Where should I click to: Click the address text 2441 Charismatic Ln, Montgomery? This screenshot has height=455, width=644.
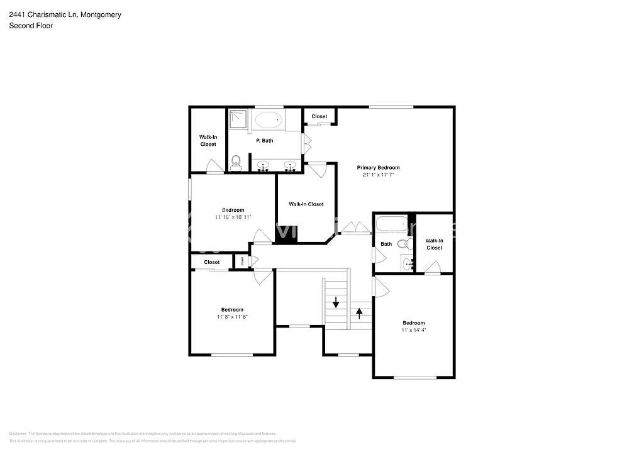[65, 14]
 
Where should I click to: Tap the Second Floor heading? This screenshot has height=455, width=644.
[31, 26]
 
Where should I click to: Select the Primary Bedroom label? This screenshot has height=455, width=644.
[378, 168]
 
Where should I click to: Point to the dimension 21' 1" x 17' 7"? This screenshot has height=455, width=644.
[378, 175]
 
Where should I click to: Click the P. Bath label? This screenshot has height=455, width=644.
[264, 141]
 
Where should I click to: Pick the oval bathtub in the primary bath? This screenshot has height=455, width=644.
[270, 119]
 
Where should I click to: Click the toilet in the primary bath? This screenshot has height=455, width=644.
[236, 164]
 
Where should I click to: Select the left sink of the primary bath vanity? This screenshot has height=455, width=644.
[264, 166]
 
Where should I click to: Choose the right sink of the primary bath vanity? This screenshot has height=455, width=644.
[290, 166]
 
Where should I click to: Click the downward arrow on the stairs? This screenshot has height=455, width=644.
[336, 301]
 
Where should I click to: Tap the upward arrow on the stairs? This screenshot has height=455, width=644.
[360, 312]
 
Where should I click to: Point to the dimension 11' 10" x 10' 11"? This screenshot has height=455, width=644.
[233, 217]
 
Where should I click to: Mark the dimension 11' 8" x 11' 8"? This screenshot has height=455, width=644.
[232, 317]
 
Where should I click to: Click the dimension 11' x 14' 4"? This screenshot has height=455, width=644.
[413, 330]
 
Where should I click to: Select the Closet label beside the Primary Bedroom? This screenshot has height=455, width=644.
[319, 116]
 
